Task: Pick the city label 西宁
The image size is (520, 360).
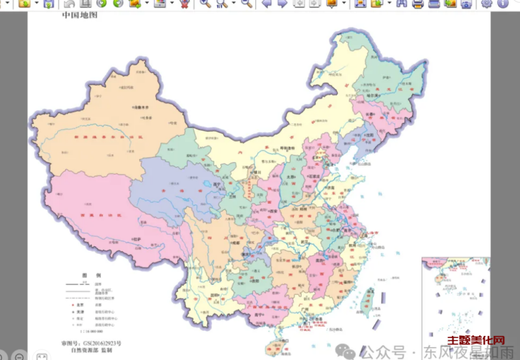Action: pos(218,184)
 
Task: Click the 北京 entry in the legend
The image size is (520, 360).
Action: pos(80,304)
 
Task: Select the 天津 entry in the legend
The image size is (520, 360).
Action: pos(80,312)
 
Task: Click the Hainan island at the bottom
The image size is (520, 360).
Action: pos(278,344)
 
